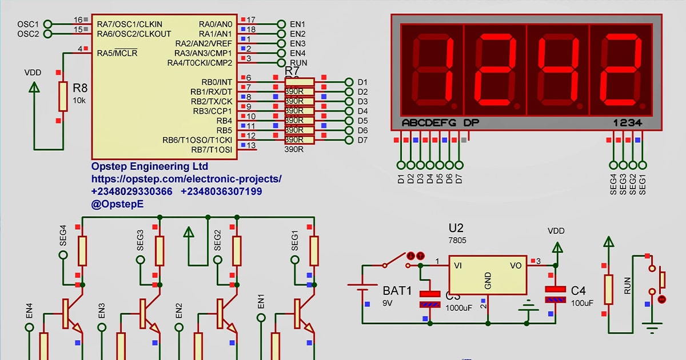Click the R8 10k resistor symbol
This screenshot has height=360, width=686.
(63, 96)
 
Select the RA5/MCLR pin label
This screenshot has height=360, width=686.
(117, 54)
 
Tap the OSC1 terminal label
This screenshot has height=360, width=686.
(27, 24)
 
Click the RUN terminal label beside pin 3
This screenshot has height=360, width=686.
(298, 63)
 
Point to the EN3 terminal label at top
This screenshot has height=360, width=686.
(297, 43)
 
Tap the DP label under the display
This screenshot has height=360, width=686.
(471, 122)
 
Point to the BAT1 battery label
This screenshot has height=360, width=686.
(397, 291)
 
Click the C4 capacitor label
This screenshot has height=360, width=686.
(578, 290)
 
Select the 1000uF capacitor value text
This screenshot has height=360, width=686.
(458, 307)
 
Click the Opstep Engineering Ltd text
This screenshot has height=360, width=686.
(150, 166)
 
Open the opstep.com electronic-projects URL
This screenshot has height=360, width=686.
(186, 179)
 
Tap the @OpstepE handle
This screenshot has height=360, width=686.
(117, 203)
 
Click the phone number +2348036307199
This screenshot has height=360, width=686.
(221, 191)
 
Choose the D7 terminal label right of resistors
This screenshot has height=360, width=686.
(362, 140)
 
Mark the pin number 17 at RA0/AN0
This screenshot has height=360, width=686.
(251, 19)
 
